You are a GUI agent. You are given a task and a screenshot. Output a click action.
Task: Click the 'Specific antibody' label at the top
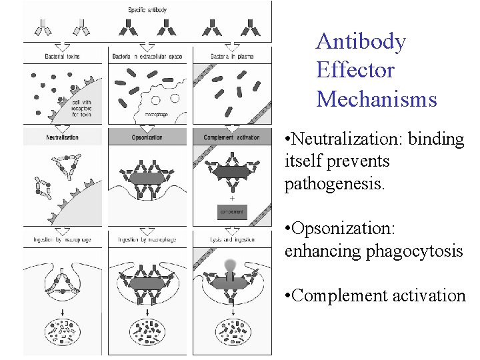point(148,9)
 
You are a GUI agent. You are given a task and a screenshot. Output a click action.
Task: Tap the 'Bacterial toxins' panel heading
point(63,57)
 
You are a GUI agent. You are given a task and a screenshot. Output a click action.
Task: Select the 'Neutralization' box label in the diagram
point(63,138)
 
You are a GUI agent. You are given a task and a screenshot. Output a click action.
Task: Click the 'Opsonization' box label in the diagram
point(148,138)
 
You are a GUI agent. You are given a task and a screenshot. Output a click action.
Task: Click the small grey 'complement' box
point(232,212)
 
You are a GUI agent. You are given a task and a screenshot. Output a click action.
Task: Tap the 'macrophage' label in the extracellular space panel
point(157,115)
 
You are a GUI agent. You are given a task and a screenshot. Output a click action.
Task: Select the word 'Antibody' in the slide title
point(361,41)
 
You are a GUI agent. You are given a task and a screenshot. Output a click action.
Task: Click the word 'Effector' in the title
point(355,70)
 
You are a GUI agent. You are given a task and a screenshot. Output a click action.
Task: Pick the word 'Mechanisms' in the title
point(377,99)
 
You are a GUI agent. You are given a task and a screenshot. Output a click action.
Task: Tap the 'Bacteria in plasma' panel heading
point(231,57)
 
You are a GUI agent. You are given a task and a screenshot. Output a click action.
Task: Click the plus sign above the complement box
point(232,198)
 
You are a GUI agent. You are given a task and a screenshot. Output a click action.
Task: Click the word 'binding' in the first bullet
point(434,139)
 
